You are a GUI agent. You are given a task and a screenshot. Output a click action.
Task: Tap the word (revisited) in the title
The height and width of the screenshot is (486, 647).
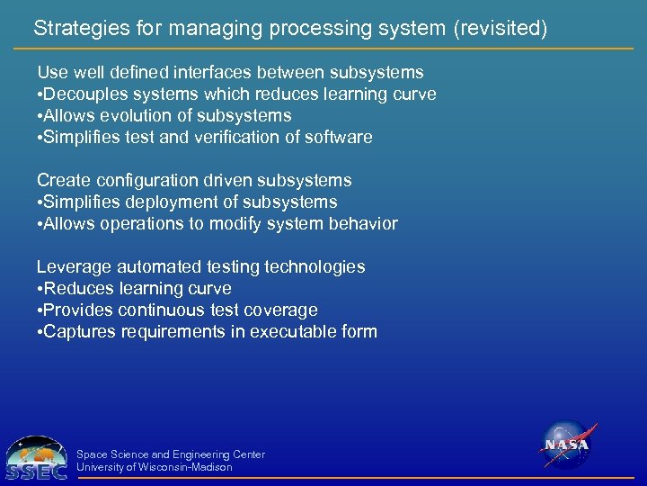point(500,29)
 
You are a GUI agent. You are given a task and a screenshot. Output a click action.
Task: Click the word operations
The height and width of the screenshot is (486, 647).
point(151,223)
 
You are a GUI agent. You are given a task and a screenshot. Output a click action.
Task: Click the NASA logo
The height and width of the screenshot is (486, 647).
point(567,445)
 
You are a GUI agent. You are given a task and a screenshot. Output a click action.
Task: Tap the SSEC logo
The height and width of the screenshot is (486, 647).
point(36,457)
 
